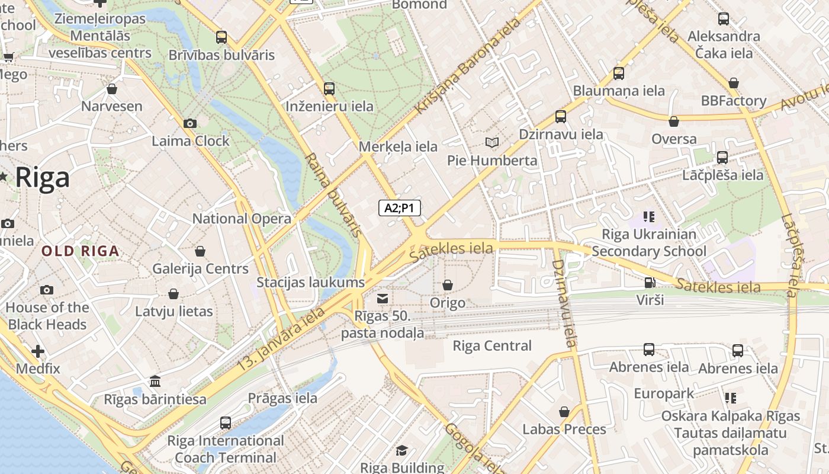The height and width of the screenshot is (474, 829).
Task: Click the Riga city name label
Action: [42, 178]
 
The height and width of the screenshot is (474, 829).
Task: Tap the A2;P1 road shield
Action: [400, 207]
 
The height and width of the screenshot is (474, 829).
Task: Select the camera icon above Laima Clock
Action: [190, 123]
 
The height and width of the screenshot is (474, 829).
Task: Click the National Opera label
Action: [242, 219]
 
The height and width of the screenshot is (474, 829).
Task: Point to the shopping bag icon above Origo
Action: [448, 285]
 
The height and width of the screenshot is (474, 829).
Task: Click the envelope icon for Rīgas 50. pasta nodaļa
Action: [383, 298]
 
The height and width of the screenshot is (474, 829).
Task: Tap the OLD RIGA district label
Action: [81, 251]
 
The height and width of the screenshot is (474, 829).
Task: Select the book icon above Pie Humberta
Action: [492, 142]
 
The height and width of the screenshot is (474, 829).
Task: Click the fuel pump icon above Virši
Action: [650, 282]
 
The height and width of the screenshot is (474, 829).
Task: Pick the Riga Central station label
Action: [492, 345]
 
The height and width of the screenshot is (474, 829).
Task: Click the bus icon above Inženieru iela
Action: [329, 89]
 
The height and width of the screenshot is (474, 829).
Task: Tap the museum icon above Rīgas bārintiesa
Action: [155, 381]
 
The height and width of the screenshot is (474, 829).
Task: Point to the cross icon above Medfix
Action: [38, 351]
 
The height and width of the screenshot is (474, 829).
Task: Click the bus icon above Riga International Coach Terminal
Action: [226, 423]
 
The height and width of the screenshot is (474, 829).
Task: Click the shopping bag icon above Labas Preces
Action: [564, 411]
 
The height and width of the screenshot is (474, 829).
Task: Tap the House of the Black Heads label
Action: [47, 316]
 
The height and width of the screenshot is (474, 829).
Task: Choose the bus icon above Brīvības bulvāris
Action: [221, 37]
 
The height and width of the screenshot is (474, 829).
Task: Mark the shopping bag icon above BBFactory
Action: [734, 83]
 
